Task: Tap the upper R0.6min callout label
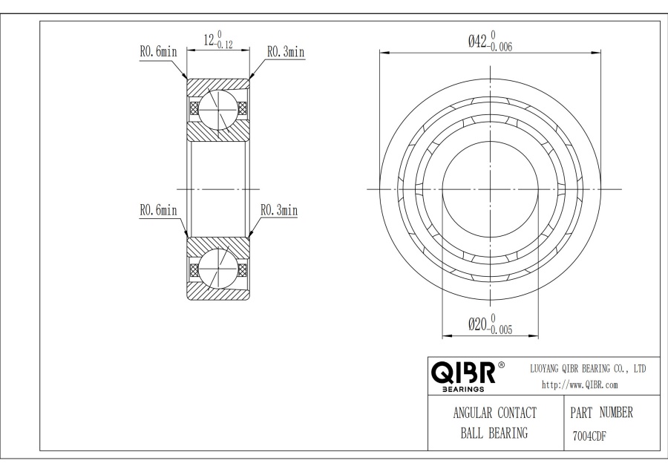158,52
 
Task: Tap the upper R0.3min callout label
286,52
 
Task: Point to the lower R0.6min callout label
158,210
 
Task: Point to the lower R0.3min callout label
279,210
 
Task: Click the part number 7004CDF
589,436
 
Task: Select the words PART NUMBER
601,413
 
